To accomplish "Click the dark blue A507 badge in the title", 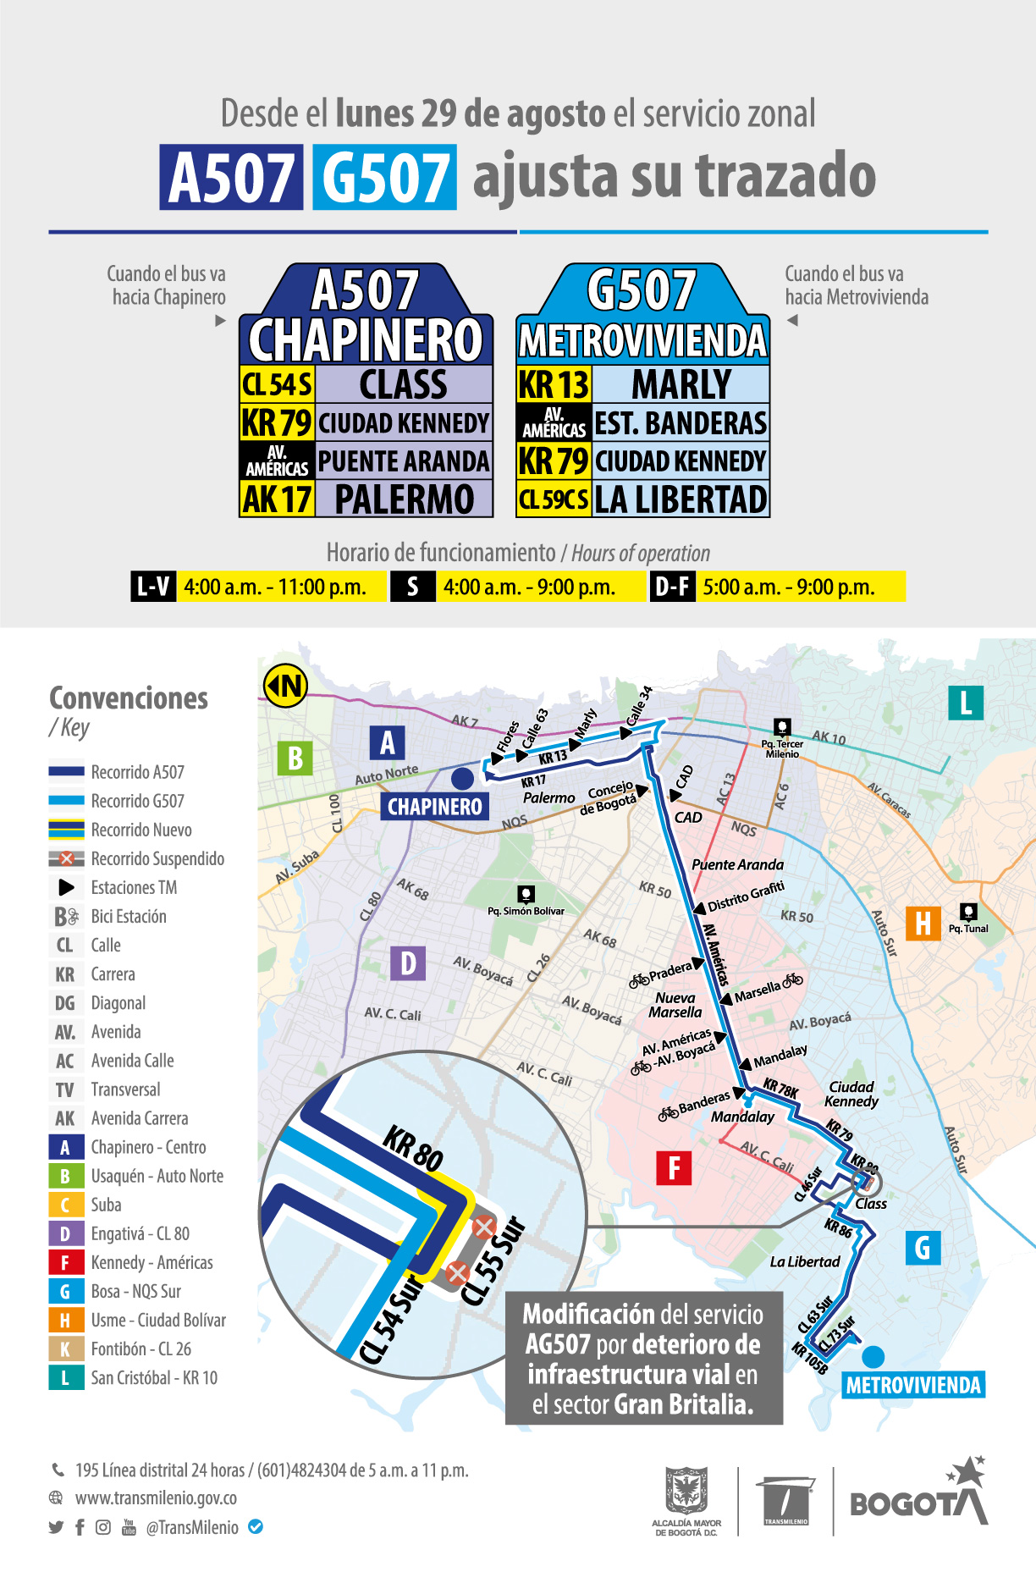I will pyautogui.click(x=231, y=178).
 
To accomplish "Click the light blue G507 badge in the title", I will pyautogui.click(x=384, y=178).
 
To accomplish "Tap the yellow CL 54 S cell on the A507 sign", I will pyautogui.click(x=278, y=385).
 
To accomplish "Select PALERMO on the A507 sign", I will pyautogui.click(x=404, y=499).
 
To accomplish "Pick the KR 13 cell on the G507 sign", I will pyautogui.click(x=554, y=385).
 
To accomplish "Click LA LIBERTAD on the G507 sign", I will pyautogui.click(x=681, y=499).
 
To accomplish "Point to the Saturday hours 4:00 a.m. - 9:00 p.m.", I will pyautogui.click(x=530, y=587).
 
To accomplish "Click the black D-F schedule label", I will pyautogui.click(x=672, y=587).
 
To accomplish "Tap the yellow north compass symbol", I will pyautogui.click(x=285, y=685).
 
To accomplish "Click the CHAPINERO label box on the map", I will pyautogui.click(x=434, y=807).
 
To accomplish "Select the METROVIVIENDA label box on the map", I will pyautogui.click(x=913, y=1386).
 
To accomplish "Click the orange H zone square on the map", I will pyautogui.click(x=923, y=923).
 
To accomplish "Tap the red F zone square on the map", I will pyautogui.click(x=674, y=1168).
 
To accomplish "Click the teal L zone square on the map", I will pyautogui.click(x=966, y=703).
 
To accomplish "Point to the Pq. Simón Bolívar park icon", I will pyautogui.click(x=526, y=895).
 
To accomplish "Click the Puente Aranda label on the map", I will pyautogui.click(x=737, y=864).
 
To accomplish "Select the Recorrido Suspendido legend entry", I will pyautogui.click(x=157, y=859).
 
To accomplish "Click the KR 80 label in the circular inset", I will pyautogui.click(x=413, y=1148).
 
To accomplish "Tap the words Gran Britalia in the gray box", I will pyautogui.click(x=683, y=1405).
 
